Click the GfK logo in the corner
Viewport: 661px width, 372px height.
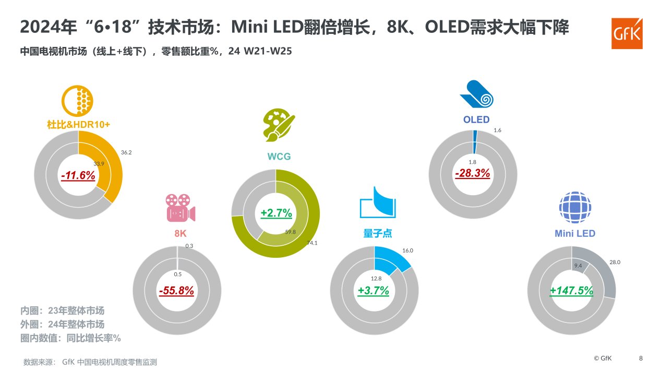627,34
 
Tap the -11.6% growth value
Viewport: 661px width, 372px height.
78,176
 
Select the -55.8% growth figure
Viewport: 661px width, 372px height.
176,291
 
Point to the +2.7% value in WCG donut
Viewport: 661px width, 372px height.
276,213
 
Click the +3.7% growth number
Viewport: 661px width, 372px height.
373,291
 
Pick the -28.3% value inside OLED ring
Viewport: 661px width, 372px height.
472,173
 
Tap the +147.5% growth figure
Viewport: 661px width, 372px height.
571,291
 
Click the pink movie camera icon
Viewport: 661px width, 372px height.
180,208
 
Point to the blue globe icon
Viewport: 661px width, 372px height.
575,207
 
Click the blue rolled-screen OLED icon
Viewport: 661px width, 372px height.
476,94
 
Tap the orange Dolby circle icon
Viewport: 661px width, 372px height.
77,101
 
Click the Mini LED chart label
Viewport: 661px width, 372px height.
574,233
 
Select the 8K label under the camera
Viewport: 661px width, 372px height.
180,233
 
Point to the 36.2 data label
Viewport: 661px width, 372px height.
126,153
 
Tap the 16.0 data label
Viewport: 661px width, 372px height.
407,250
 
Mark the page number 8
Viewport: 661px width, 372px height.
641,358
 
